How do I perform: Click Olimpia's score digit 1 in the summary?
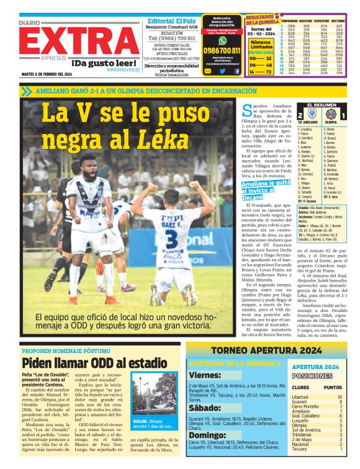click(x=342, y=115)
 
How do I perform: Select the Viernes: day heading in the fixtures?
click(x=204, y=375)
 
